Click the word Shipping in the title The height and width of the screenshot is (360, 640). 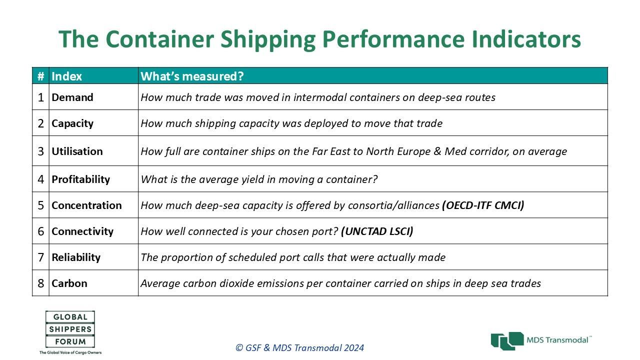[x=267, y=39]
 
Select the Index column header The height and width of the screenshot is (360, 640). [x=66, y=76]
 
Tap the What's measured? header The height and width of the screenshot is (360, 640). [x=192, y=76]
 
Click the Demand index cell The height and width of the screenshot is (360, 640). [x=72, y=97]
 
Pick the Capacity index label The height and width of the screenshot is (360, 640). [x=72, y=123]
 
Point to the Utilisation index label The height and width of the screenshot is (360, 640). [x=77, y=151]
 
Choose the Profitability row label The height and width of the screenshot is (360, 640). [x=81, y=179]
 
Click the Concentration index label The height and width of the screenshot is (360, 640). [x=86, y=205]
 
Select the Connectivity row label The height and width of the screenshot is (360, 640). [x=82, y=231]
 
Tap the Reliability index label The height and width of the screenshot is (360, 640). [x=76, y=257]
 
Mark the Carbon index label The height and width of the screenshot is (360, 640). [x=69, y=283]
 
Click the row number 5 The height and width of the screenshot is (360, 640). [x=41, y=205]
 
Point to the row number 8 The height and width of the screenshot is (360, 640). [x=41, y=283]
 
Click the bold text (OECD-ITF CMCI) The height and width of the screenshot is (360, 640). [x=483, y=205]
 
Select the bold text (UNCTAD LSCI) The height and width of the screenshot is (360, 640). [x=377, y=231]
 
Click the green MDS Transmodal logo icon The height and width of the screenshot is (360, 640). [x=507, y=341]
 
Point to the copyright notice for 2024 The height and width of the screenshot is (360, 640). [x=299, y=347]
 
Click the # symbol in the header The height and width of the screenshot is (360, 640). [x=41, y=76]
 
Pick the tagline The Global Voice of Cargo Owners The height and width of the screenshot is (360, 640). [x=70, y=352]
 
